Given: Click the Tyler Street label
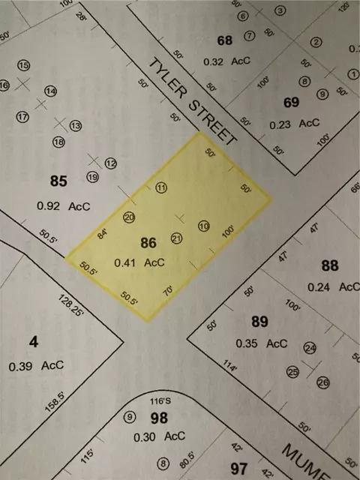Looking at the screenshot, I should click(193, 101).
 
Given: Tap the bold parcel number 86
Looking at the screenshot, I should click(148, 243).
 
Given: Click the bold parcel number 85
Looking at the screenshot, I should click(58, 181).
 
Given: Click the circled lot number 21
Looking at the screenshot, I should click(177, 238).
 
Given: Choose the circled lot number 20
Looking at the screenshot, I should click(129, 217).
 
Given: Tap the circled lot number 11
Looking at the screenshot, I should click(160, 187).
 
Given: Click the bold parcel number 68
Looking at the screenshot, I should click(223, 40).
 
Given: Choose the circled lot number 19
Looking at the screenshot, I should click(92, 178).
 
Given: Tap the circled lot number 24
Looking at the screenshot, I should click(310, 348).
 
